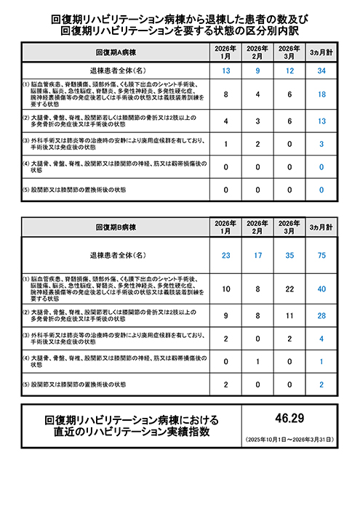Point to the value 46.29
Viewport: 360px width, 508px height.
point(290,419)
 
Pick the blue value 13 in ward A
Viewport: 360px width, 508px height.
point(226,70)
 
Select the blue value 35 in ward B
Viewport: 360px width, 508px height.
point(290,255)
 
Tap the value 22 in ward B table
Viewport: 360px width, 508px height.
point(290,289)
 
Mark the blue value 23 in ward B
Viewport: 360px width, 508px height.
point(226,255)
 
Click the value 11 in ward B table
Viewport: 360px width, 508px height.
point(290,316)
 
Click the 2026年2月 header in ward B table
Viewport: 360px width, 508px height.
point(258,227)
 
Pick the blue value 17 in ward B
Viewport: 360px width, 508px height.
point(258,255)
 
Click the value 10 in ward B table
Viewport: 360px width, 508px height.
point(226,289)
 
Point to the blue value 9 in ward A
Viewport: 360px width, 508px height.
point(258,70)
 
